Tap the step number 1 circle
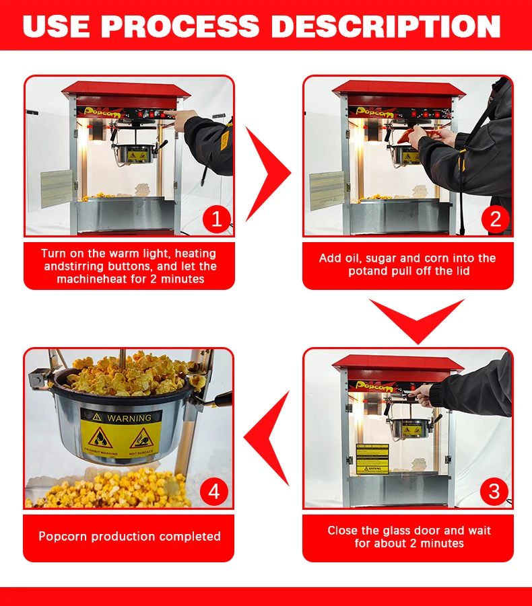217,219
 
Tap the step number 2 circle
495,219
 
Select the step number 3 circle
494,491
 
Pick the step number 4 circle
213,491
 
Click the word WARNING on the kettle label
129,418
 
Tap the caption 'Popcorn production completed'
129,537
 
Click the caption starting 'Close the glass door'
409,537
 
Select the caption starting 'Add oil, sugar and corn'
407,264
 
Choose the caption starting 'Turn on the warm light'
129,266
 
